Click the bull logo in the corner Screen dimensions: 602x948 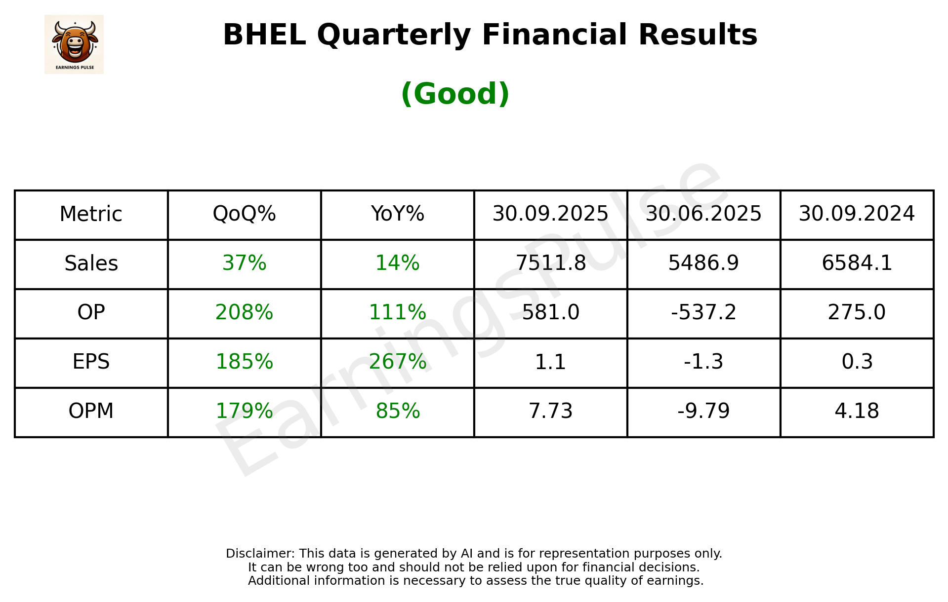pyautogui.click(x=74, y=44)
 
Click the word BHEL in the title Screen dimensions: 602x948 pyautogui.click(x=264, y=35)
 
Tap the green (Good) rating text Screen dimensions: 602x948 pyautogui.click(x=455, y=94)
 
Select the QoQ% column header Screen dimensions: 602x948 pyautogui.click(x=244, y=214)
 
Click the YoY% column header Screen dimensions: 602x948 pyautogui.click(x=397, y=214)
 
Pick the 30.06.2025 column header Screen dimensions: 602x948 pyautogui.click(x=703, y=214)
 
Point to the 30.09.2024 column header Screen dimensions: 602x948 pyautogui.click(x=857, y=214)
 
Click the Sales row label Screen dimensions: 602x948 pyautogui.click(x=91, y=263)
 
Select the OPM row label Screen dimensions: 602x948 pyautogui.click(x=91, y=411)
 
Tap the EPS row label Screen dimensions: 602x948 pyautogui.click(x=91, y=362)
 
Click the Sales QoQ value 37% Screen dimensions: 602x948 pyautogui.click(x=244, y=263)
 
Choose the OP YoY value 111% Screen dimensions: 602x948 pyautogui.click(x=397, y=312)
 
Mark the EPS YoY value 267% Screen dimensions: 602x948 pyautogui.click(x=397, y=362)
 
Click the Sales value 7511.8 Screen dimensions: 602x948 pyautogui.click(x=550, y=263)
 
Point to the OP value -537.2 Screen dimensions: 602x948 pyautogui.click(x=703, y=312)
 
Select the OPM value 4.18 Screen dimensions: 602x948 pyautogui.click(x=857, y=411)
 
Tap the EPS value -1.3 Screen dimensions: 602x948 pyautogui.click(x=703, y=362)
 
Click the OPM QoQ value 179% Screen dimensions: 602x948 pyautogui.click(x=244, y=411)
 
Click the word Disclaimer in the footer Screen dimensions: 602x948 pyautogui.click(x=259, y=554)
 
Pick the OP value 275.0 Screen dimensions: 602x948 pyautogui.click(x=857, y=312)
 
